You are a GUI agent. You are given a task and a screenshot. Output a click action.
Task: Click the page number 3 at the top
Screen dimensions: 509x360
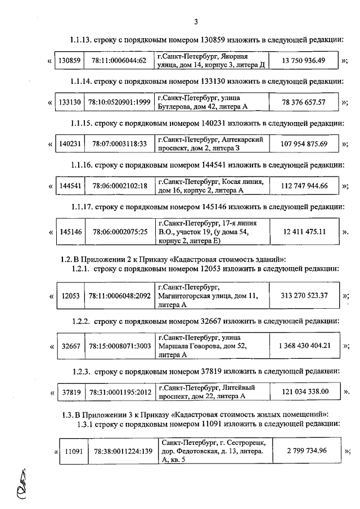coord(195,22)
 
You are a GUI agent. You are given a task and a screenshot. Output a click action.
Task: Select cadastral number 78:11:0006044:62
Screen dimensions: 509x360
coord(119,61)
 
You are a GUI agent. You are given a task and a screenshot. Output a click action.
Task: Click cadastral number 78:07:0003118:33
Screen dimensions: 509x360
coord(119,144)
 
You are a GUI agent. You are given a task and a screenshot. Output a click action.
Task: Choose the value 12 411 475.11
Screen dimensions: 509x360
coord(305,232)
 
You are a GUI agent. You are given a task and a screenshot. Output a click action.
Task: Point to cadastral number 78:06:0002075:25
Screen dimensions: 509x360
coord(119,232)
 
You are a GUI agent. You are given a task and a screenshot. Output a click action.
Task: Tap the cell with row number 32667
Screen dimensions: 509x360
coord(70,346)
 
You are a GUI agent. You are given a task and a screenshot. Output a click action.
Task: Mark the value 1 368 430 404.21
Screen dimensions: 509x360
coord(304,346)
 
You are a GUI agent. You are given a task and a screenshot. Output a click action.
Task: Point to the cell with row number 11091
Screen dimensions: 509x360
coord(74,451)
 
